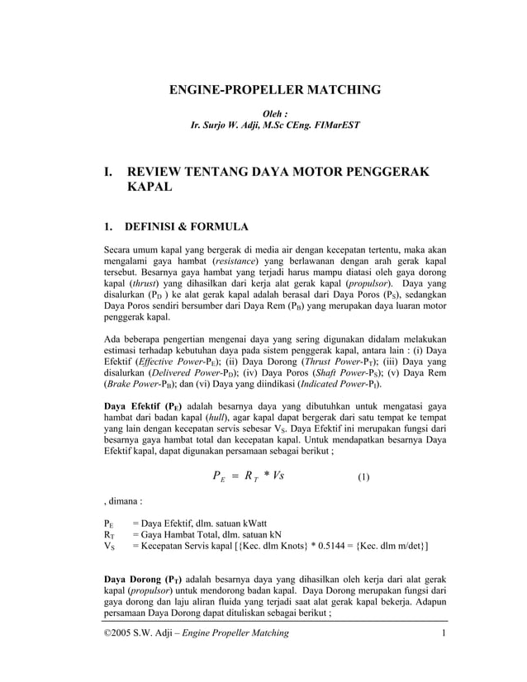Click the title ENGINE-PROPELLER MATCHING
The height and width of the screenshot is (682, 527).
(x=275, y=89)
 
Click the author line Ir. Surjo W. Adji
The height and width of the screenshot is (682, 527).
(x=275, y=126)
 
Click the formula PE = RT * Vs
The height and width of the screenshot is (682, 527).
(x=249, y=476)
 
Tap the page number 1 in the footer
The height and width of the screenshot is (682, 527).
(x=444, y=632)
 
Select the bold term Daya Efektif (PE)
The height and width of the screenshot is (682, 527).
(x=143, y=406)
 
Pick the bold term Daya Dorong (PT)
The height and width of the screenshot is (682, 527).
(x=142, y=578)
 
